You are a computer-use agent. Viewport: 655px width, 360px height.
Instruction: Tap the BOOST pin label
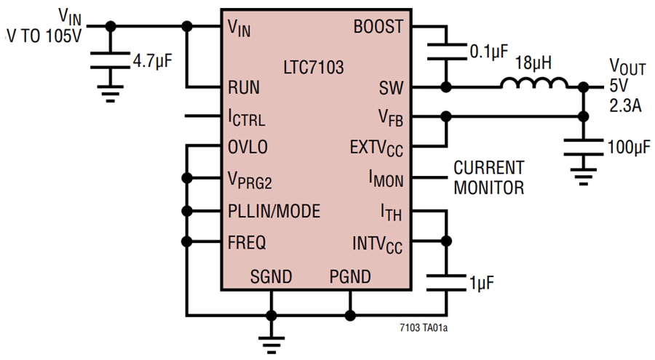[x=378, y=28]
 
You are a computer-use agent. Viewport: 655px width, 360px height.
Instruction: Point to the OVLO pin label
[x=247, y=148]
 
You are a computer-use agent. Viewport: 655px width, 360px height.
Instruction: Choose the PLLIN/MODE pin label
[x=274, y=212]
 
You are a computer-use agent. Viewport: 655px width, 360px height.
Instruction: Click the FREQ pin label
[x=247, y=242]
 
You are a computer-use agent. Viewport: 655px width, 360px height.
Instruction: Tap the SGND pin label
[x=271, y=277]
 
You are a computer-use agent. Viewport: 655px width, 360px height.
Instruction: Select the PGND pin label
[x=350, y=277]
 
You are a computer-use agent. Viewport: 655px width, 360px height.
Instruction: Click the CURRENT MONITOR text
[x=488, y=177]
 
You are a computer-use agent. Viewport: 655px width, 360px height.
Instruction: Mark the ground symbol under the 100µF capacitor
[x=582, y=177]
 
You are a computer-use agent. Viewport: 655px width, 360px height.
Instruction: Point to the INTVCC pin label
[x=377, y=243]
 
